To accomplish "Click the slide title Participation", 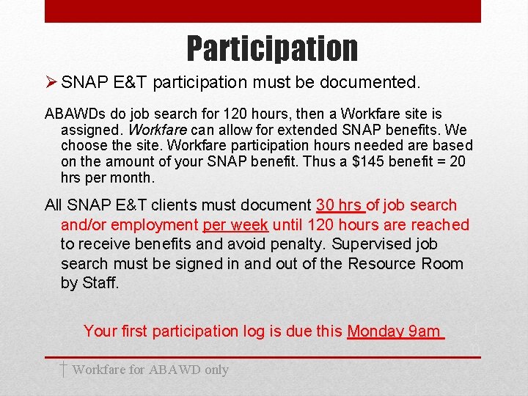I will coord(272,48).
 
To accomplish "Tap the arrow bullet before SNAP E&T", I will coord(51,83).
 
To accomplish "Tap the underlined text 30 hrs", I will coord(340,205).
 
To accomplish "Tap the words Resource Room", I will coord(406,263).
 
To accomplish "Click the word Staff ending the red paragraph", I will coord(100,282).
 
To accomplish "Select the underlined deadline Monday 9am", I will coord(395,331).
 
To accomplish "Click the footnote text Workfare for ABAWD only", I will coord(150,370).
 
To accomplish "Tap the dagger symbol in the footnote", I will coord(64,369).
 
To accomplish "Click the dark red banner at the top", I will coord(263,11).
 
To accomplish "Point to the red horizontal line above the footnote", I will coord(263,357).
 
